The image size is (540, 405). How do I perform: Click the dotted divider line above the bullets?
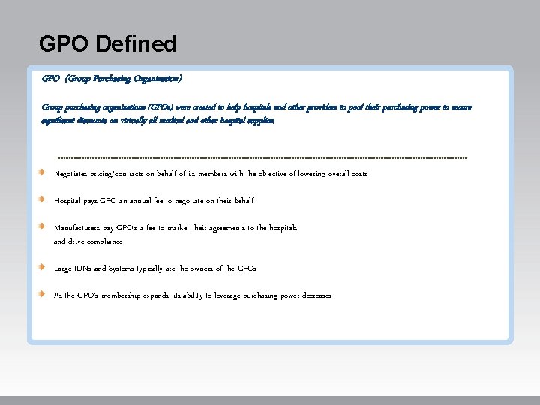point(262,158)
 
